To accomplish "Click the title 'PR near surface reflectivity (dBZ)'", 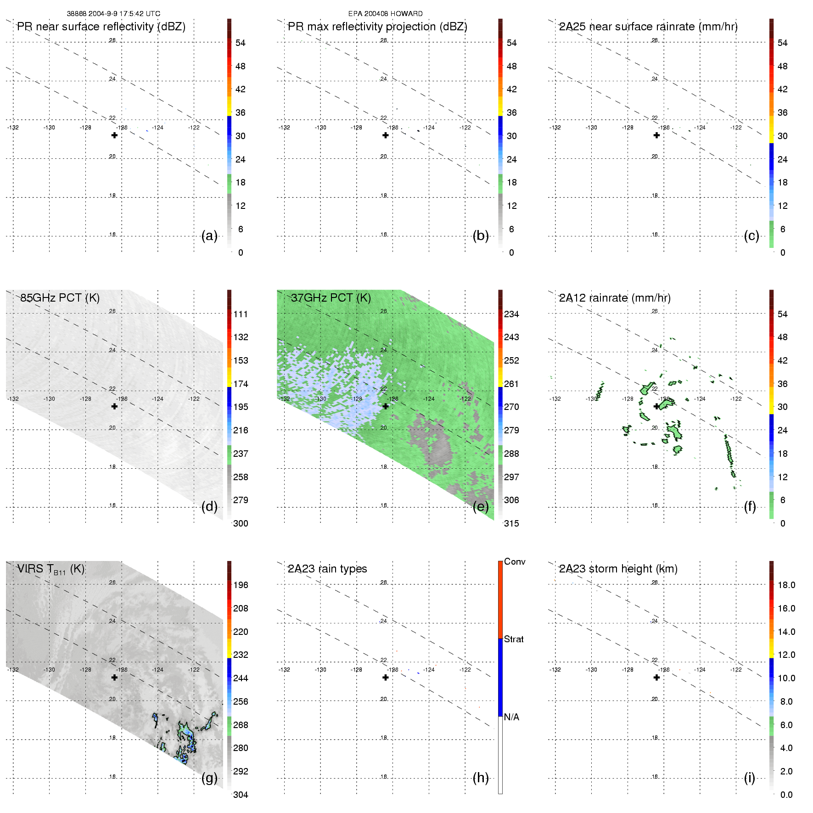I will [101, 27].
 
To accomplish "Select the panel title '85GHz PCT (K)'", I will [60, 298].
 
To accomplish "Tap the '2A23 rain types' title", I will [327, 569].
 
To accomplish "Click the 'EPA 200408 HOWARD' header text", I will [385, 14].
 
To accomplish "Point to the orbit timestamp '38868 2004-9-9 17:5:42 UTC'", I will [113, 14].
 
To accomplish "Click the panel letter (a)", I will [209, 236].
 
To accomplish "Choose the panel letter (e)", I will [481, 507].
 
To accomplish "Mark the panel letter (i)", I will [749, 778].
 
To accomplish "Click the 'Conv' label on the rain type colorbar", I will [515, 561].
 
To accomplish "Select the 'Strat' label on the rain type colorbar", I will [514, 639].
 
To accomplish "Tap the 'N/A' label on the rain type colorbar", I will [511, 717].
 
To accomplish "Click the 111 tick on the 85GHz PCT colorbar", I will [241, 314].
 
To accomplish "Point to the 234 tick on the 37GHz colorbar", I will [511, 314].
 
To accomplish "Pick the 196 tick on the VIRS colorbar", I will [241, 585].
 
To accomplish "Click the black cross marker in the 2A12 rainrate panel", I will [656, 406].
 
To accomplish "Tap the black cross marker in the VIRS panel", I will [114, 677].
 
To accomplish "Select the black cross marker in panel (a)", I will [114, 135].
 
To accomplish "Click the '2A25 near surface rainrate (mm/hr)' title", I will [648, 27].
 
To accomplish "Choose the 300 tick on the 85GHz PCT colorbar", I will [241, 523].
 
